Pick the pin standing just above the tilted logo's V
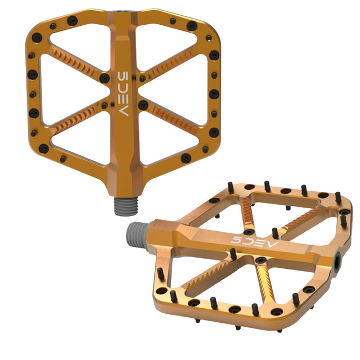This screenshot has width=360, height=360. pyautogui.click(x=275, y=232)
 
